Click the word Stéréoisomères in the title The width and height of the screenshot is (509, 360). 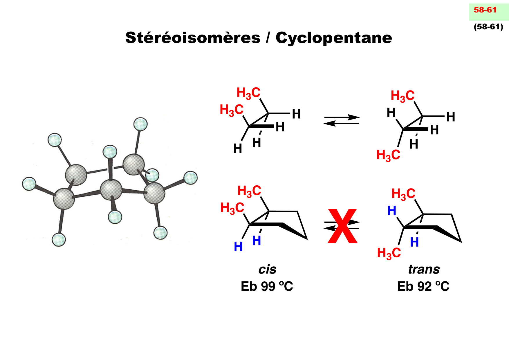[x=193, y=38]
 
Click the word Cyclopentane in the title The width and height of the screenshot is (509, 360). [x=334, y=38]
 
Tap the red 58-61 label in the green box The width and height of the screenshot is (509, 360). [x=485, y=10]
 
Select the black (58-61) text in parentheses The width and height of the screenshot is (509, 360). [x=488, y=27]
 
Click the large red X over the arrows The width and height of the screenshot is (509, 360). [x=342, y=226]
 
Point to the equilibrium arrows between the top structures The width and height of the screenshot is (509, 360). [x=342, y=120]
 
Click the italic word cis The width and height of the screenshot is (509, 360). [x=267, y=269]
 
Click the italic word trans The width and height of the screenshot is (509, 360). [x=424, y=269]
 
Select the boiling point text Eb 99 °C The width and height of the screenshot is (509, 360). [x=267, y=286]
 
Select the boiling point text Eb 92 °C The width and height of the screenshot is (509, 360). [x=423, y=286]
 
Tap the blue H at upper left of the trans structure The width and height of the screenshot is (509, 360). [x=392, y=211]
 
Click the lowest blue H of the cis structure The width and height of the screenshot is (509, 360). [x=238, y=247]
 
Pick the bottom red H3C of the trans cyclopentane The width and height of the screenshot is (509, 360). [x=389, y=253]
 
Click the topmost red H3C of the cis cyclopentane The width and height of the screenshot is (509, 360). [x=249, y=191]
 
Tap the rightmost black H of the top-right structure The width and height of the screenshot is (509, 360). [x=451, y=117]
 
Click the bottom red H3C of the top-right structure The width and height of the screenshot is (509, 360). [x=388, y=155]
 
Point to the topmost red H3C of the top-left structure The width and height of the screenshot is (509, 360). [x=249, y=93]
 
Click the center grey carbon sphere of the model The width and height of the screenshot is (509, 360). [x=111, y=189]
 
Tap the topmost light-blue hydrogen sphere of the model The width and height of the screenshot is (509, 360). [x=140, y=124]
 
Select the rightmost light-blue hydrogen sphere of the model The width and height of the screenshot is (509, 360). [x=191, y=178]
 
